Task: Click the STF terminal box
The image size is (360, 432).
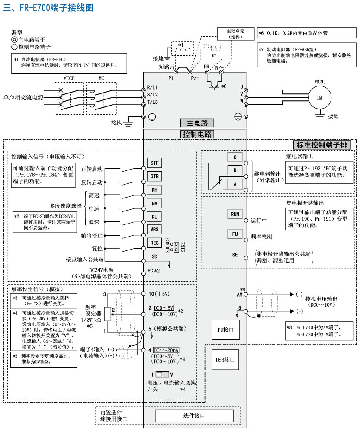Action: [x=154, y=163]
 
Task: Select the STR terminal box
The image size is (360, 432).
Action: [x=154, y=176]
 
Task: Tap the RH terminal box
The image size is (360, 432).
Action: [x=154, y=190]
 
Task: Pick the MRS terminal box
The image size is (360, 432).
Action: [x=154, y=230]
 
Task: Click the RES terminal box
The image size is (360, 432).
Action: [x=154, y=243]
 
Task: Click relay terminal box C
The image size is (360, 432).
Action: [x=235, y=157]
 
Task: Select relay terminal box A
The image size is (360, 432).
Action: [x=235, y=184]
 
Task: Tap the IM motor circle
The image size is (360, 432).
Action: [x=319, y=98]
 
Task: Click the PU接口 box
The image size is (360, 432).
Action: [x=225, y=330]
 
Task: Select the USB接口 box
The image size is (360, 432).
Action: [x=225, y=359]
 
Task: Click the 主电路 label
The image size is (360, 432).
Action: [x=197, y=122]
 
